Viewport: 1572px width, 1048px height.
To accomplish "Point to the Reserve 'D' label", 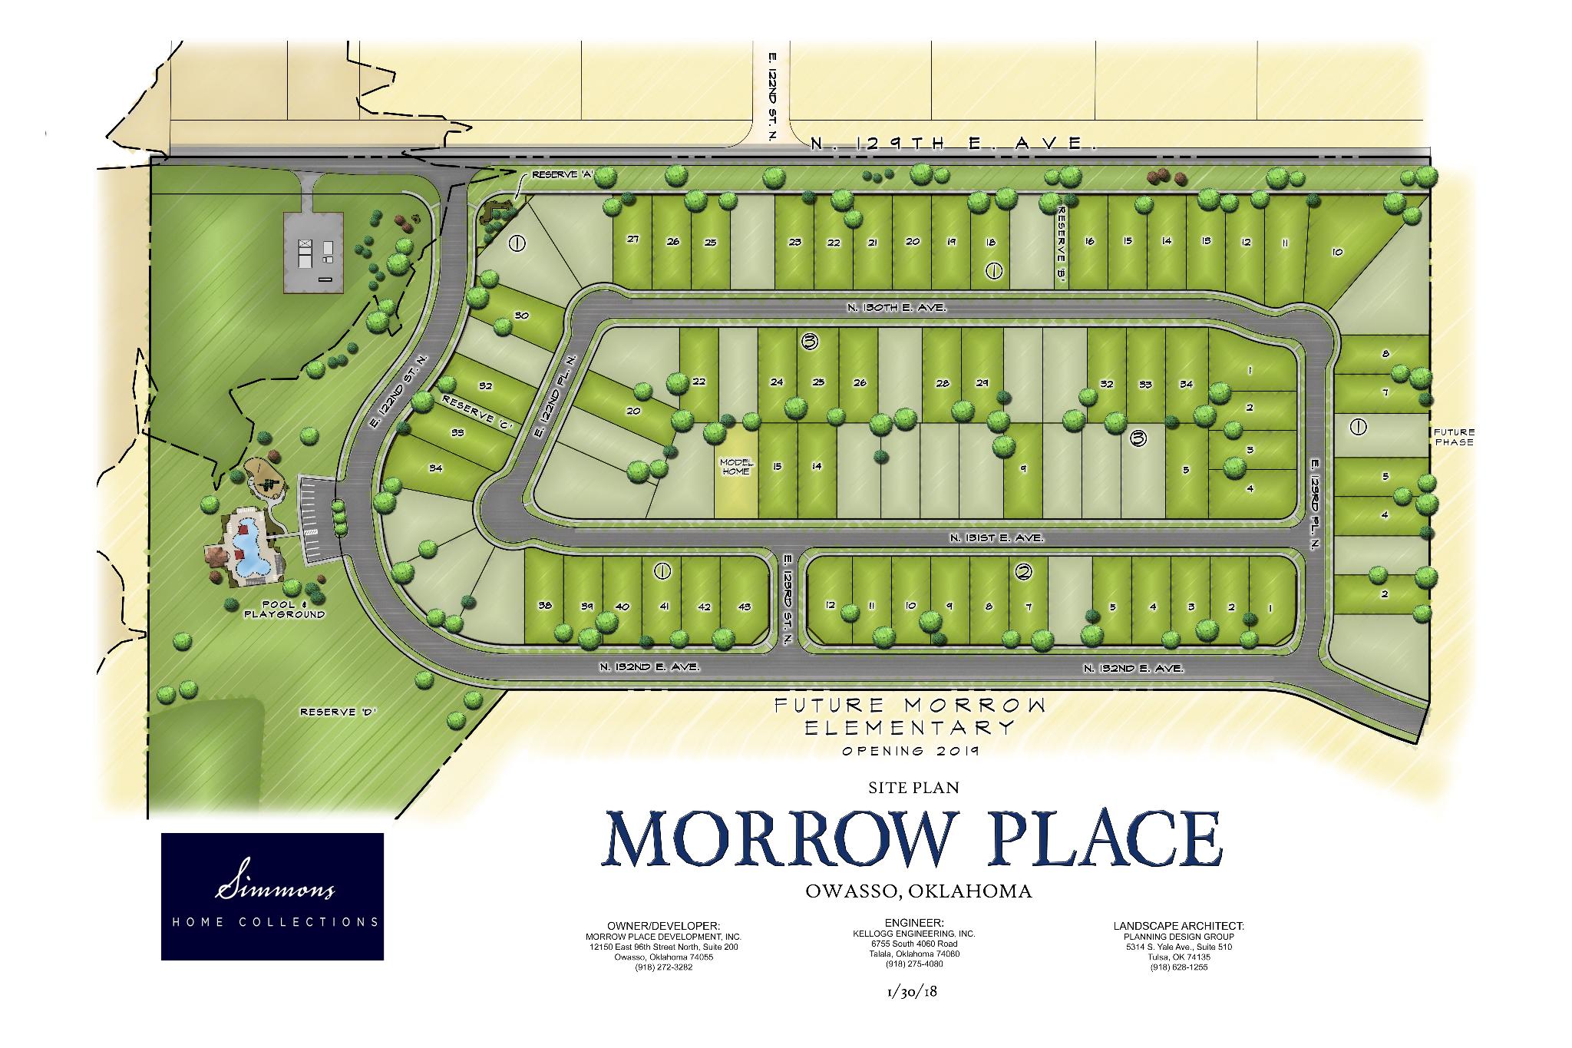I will point(331,712).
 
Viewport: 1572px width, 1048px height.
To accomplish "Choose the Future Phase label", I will point(1453,437).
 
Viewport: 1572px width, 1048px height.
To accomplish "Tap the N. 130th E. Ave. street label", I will point(897,307).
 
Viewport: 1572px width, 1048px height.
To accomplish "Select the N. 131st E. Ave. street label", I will point(995,538).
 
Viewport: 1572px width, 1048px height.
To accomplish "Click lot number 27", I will point(632,239).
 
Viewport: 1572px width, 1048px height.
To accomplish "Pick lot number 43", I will point(744,607).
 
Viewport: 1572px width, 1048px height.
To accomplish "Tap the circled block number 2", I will point(1023,571).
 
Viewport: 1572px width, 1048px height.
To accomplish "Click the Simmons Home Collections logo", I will point(272,896).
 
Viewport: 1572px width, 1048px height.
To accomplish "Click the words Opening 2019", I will point(910,751).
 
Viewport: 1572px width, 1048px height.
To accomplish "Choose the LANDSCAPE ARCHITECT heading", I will point(1178,927).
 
